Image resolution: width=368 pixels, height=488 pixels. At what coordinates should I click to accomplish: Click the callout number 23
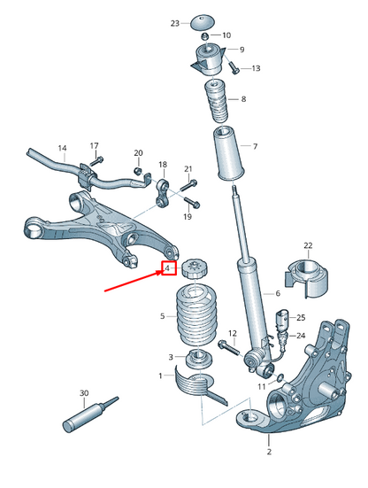(x=174, y=22)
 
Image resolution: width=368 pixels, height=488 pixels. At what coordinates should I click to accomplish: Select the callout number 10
(x=226, y=36)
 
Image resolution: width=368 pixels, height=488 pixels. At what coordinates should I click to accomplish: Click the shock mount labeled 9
(x=209, y=61)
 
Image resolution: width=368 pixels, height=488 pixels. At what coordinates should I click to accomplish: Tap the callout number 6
(x=277, y=293)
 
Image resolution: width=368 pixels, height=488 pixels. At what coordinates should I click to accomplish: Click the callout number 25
(x=301, y=317)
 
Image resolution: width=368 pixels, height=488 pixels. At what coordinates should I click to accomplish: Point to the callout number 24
(x=301, y=336)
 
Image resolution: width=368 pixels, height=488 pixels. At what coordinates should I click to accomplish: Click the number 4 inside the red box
(x=167, y=267)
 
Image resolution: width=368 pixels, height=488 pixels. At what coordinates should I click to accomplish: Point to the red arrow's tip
(x=162, y=273)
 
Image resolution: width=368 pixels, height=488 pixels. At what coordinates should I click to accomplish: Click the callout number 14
(x=62, y=148)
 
